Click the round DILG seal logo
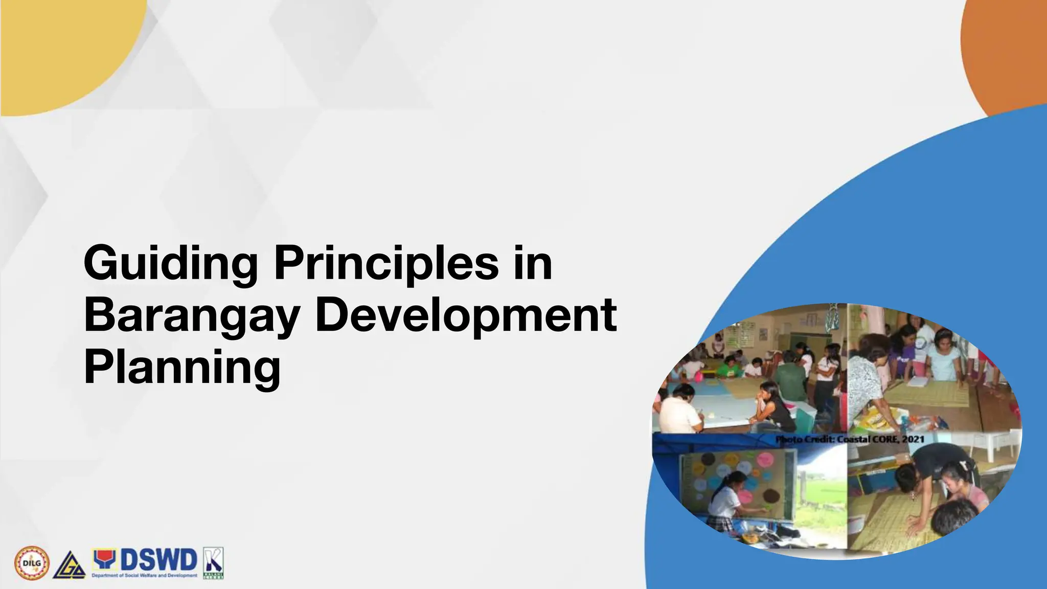pyautogui.click(x=32, y=563)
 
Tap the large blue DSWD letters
pyautogui.click(x=158, y=560)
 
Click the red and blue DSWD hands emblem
pyautogui.click(x=104, y=560)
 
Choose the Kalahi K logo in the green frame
pyautogui.click(x=213, y=563)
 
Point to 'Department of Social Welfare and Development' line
pyautogui.click(x=144, y=576)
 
